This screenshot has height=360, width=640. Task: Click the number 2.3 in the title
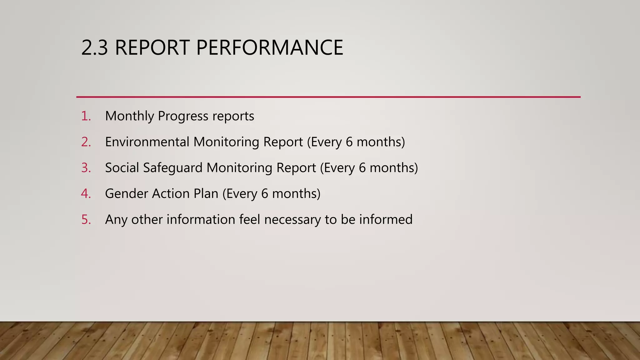click(x=94, y=48)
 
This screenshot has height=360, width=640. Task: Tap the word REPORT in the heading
click(x=152, y=48)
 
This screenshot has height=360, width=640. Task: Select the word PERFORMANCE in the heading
click(x=269, y=48)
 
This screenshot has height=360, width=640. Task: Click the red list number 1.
click(x=86, y=116)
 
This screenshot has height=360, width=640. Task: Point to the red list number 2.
click(x=86, y=142)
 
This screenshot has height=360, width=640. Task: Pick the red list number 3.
click(x=86, y=168)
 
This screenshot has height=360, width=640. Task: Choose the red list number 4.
click(x=86, y=194)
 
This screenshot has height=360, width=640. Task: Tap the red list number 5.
click(x=86, y=220)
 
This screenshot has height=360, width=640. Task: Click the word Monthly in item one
click(x=130, y=116)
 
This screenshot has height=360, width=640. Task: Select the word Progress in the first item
click(x=183, y=116)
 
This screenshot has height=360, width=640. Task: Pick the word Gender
click(x=126, y=194)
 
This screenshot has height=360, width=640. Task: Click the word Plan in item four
click(x=206, y=194)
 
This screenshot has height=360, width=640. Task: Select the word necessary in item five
click(x=292, y=220)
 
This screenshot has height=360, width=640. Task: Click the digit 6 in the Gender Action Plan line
click(x=265, y=194)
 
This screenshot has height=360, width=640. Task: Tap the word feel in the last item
click(x=249, y=220)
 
